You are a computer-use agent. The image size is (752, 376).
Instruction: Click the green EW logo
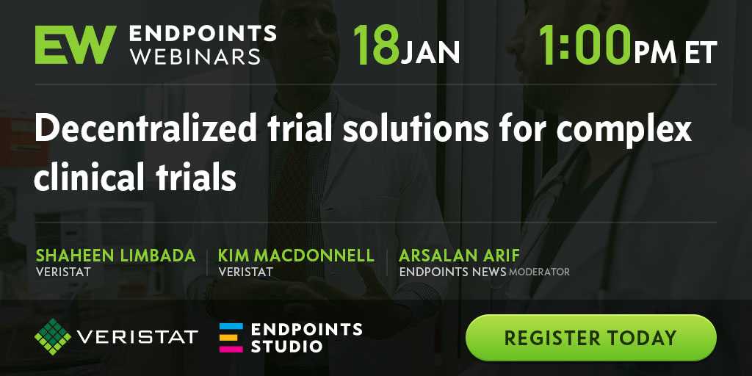tap(76, 45)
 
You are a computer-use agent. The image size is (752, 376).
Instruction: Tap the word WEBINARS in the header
tap(195, 57)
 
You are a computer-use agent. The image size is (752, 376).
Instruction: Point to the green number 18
tap(377, 45)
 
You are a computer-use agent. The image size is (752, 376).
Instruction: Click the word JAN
tap(430, 52)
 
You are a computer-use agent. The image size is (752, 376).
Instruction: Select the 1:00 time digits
tap(585, 45)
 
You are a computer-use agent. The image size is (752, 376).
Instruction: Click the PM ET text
tap(676, 52)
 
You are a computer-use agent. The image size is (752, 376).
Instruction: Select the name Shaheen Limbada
tap(115, 256)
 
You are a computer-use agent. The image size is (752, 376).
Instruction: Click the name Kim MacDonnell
tap(297, 256)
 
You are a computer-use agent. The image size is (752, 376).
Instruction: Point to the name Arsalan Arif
tap(459, 256)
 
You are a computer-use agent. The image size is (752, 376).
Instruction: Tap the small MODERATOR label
tap(540, 272)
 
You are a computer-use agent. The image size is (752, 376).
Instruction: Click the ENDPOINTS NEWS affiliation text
tap(452, 272)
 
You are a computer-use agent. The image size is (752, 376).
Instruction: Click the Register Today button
tap(591, 338)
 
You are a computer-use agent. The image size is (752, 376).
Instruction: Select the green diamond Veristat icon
tap(53, 336)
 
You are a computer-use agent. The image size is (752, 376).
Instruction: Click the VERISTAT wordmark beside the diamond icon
tap(137, 336)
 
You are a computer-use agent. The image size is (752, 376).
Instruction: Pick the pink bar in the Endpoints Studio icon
tap(231, 349)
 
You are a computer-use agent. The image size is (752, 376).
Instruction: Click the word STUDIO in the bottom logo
tap(287, 347)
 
